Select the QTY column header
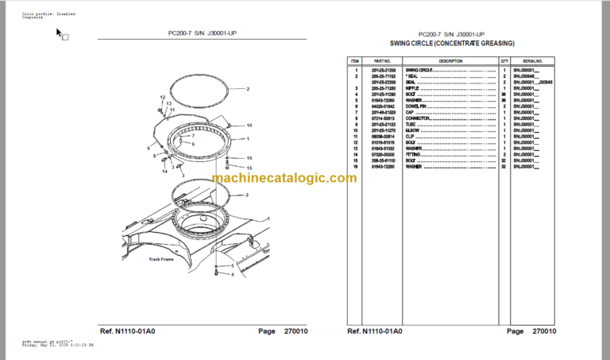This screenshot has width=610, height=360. (x=504, y=60)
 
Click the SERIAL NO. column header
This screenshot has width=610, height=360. (x=533, y=60)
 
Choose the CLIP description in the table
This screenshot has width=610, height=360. (x=411, y=136)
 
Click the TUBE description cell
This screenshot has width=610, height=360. (x=411, y=124)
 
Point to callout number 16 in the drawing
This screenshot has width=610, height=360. (x=249, y=158)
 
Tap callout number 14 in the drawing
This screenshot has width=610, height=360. (x=166, y=171)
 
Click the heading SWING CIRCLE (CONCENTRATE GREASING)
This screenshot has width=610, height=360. (x=452, y=44)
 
